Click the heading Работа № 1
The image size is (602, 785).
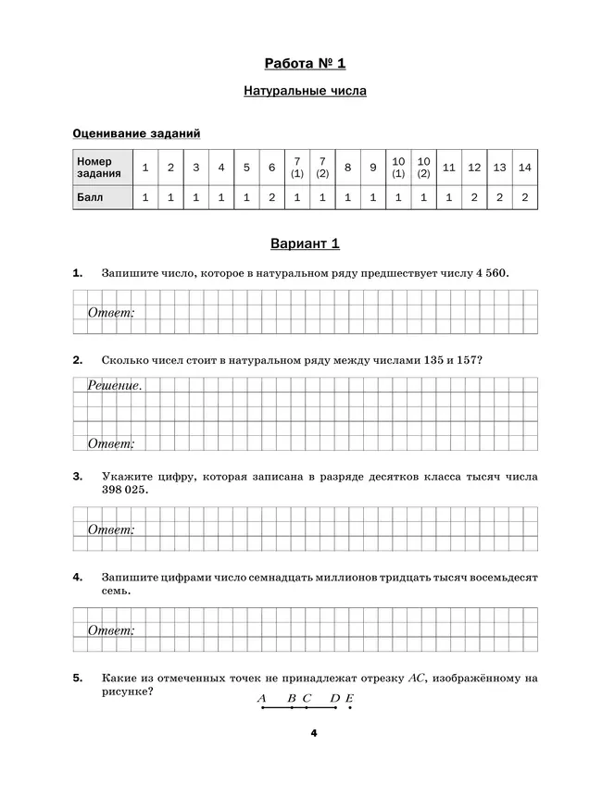click(x=305, y=63)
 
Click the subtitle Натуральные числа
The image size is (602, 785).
click(x=305, y=92)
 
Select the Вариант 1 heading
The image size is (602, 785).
click(x=305, y=244)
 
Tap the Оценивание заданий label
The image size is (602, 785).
click(x=137, y=134)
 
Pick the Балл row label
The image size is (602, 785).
click(x=91, y=198)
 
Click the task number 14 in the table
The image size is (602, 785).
click(x=524, y=168)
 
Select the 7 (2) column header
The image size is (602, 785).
click(x=322, y=168)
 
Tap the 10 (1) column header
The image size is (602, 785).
click(x=398, y=168)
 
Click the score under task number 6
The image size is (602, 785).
click(x=271, y=198)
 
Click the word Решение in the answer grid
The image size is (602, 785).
click(x=115, y=385)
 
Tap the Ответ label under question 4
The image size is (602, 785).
click(x=111, y=630)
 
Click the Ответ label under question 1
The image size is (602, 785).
click(x=111, y=313)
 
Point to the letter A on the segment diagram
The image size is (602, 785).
click(x=262, y=698)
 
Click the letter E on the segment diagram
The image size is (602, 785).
click(x=350, y=698)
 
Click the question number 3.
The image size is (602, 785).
click(x=78, y=476)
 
